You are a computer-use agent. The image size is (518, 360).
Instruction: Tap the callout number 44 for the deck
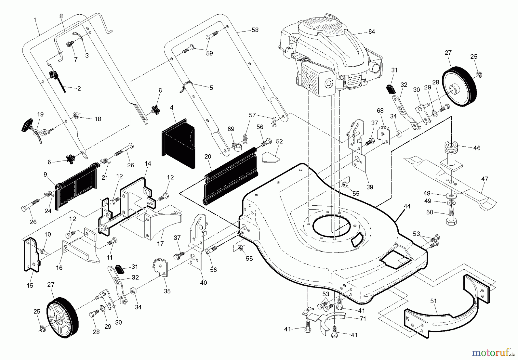point(407,206)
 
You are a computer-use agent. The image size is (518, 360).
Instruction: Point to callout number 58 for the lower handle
point(255,30)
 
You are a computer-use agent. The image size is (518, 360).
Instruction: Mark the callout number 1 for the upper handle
point(35,20)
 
